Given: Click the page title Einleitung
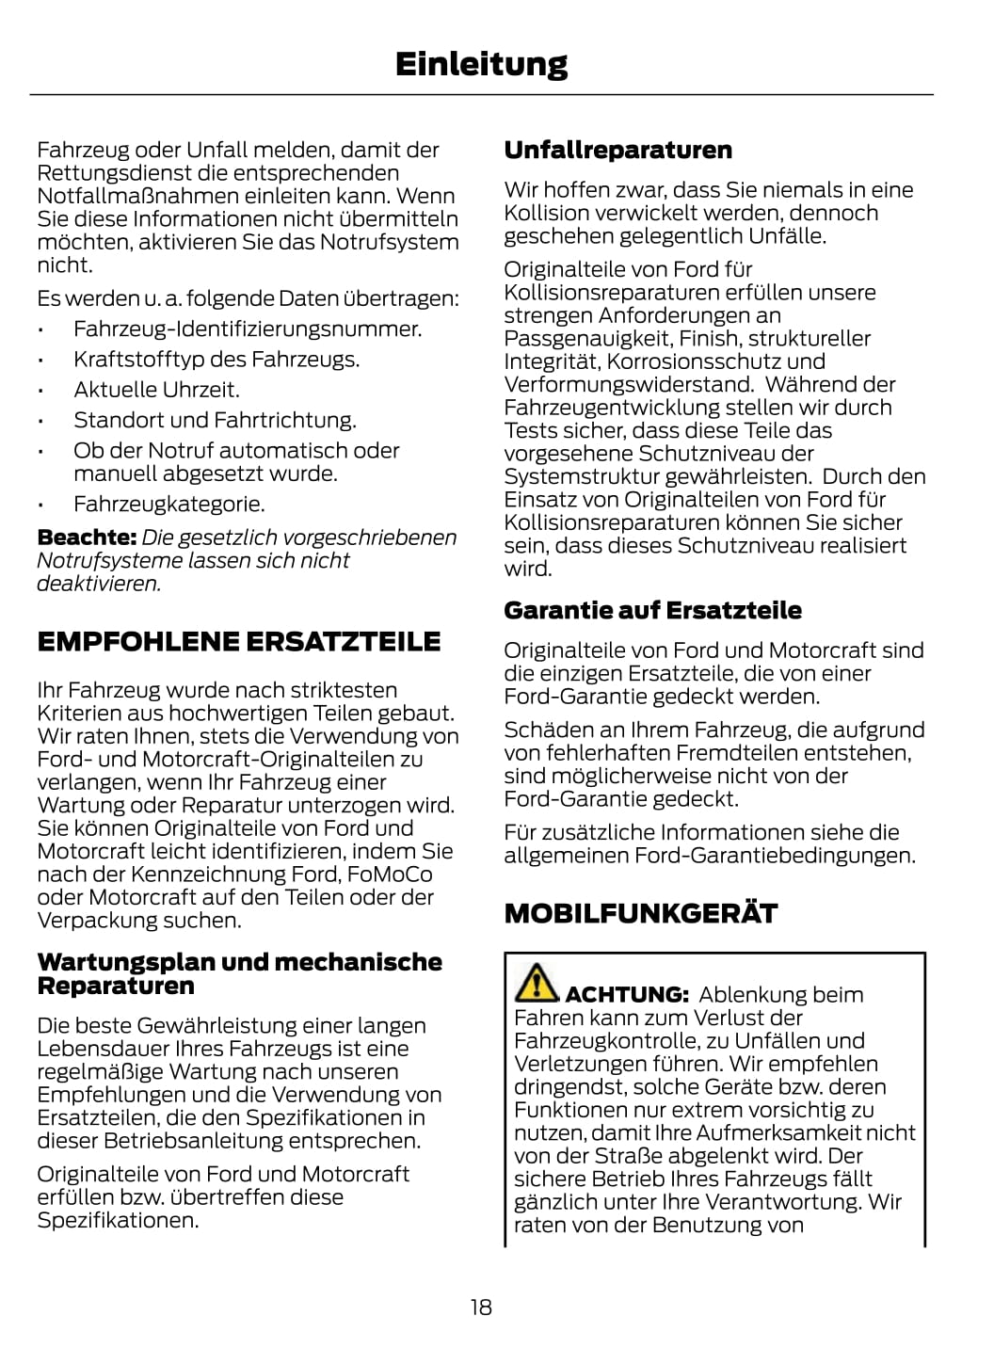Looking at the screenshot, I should click(x=481, y=64).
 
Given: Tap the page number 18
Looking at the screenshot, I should click(x=481, y=1307).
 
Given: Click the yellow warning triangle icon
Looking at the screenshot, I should click(x=536, y=983).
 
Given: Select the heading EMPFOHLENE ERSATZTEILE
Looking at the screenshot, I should click(x=238, y=642).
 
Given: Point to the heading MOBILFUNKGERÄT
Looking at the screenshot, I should click(x=640, y=913).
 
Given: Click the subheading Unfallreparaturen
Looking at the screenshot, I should click(x=617, y=151).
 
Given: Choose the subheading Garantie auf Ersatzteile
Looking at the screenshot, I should click(x=652, y=611).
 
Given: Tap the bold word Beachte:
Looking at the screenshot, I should click(x=87, y=538).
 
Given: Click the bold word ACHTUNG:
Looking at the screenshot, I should click(x=627, y=995).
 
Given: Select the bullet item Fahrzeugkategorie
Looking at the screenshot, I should click(x=168, y=504).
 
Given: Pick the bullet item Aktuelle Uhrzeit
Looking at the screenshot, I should click(x=156, y=390).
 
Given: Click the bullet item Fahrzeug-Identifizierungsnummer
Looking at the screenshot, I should click(x=248, y=329).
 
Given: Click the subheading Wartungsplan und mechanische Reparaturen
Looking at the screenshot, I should click(x=239, y=973).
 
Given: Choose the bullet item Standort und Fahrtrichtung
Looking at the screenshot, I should click(x=215, y=420).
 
